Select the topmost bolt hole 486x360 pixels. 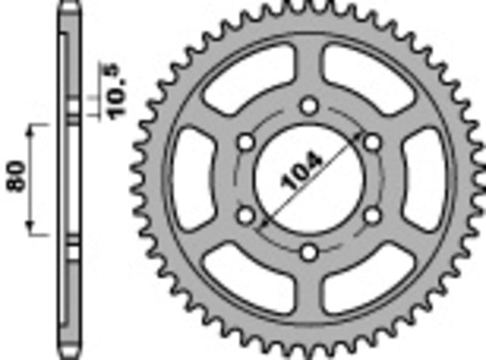point(308,105)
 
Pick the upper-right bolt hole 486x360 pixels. point(372,142)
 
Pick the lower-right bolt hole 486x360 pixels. point(372,216)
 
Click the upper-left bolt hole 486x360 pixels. point(245,142)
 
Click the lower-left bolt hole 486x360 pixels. point(245,216)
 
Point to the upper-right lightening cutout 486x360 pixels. point(364,79)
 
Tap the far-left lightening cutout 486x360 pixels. point(193,179)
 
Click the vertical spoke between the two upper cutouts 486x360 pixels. point(308,69)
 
